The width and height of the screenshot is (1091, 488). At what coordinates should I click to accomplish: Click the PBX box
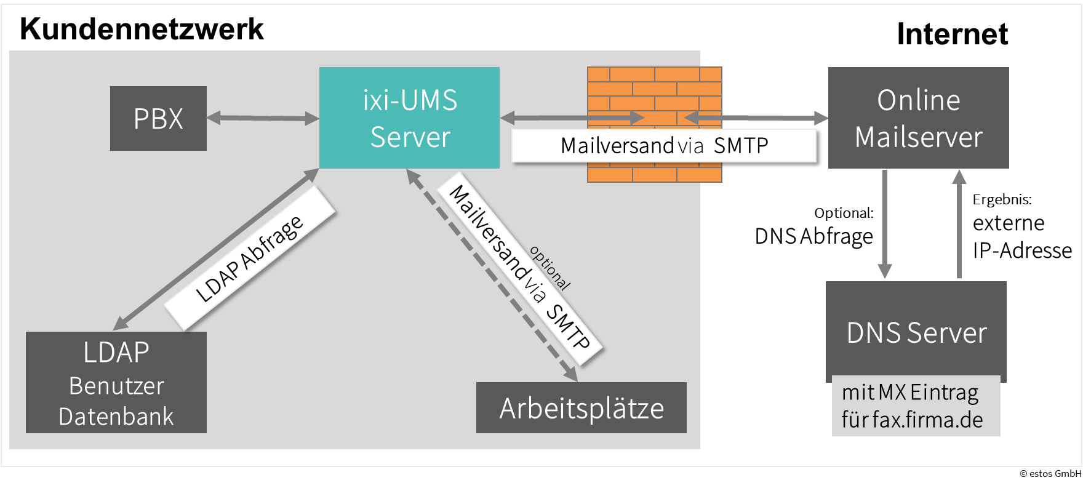click(x=158, y=118)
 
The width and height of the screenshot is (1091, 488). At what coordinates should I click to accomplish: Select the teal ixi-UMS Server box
click(x=409, y=118)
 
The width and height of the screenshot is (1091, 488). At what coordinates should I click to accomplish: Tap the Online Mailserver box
click(x=918, y=118)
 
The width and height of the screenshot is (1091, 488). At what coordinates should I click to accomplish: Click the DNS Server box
click(x=916, y=332)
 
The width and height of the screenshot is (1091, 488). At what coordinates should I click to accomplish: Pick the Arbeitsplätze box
click(x=581, y=407)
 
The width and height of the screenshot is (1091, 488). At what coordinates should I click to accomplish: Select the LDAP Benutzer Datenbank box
click(x=116, y=382)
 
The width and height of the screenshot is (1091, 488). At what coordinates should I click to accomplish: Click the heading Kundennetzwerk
click(x=142, y=29)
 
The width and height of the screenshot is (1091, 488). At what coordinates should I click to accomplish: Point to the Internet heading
click(x=952, y=34)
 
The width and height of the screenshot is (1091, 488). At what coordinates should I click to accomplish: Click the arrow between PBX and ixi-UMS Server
click(x=263, y=118)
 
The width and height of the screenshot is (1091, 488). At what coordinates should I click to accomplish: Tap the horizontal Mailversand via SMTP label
click(x=664, y=146)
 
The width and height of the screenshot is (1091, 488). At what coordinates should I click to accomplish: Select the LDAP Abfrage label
click(x=249, y=258)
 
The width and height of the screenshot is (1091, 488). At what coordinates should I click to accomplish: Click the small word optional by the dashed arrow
click(x=550, y=268)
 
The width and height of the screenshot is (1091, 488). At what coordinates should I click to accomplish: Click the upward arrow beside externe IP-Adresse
click(x=959, y=224)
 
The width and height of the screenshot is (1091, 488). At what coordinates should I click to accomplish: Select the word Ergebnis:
click(x=1002, y=199)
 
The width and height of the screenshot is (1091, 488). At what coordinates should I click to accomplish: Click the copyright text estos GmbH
click(x=1050, y=473)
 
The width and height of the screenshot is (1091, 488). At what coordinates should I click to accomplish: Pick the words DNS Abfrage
click(x=813, y=236)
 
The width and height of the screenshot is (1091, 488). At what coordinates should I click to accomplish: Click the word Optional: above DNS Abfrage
click(x=843, y=213)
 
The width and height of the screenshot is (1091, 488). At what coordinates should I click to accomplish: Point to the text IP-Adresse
click(x=1022, y=250)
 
